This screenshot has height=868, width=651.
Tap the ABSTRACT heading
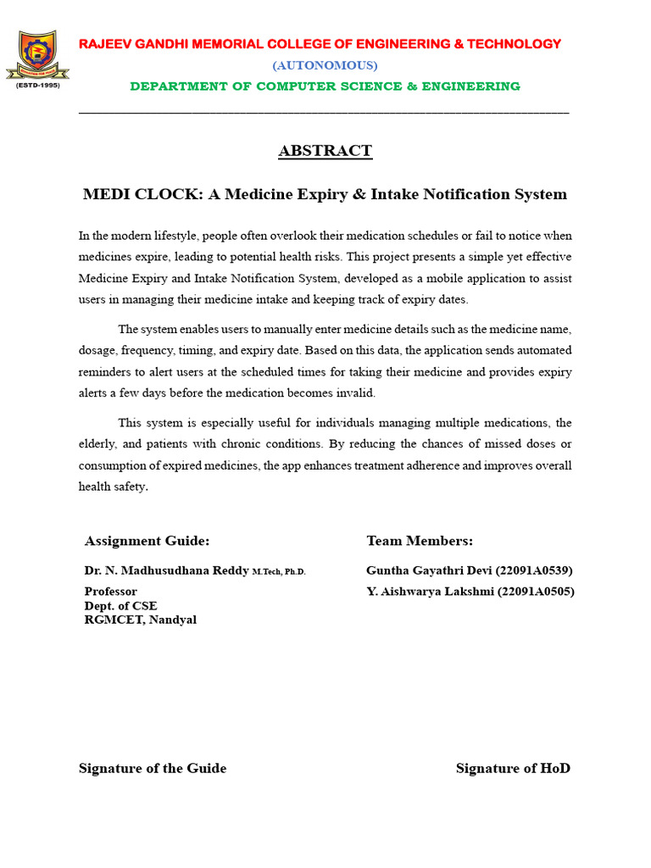point(325,151)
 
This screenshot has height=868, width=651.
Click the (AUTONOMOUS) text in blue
point(325,65)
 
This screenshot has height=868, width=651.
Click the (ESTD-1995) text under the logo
point(37,86)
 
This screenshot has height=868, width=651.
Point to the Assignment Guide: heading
point(147,541)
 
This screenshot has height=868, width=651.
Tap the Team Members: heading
point(420,541)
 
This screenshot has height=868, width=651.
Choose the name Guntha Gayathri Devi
point(429,570)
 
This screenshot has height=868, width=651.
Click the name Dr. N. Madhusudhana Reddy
point(166,570)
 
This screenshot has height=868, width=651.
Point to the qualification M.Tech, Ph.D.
point(279,572)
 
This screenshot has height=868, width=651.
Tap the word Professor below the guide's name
point(111,592)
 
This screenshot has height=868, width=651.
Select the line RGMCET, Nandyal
point(140,620)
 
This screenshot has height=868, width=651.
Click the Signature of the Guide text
point(153,768)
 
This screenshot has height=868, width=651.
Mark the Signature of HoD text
point(513,768)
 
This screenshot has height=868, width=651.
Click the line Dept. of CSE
point(120,605)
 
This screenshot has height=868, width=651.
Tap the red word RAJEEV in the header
point(104,44)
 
